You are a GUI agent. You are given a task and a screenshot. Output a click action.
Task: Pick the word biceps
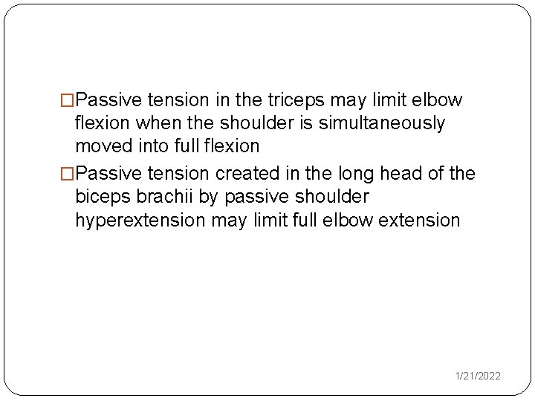click(x=101, y=198)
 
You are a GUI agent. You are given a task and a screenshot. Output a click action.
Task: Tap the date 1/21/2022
click(x=479, y=376)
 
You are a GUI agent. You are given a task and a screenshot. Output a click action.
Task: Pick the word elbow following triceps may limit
click(x=441, y=100)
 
